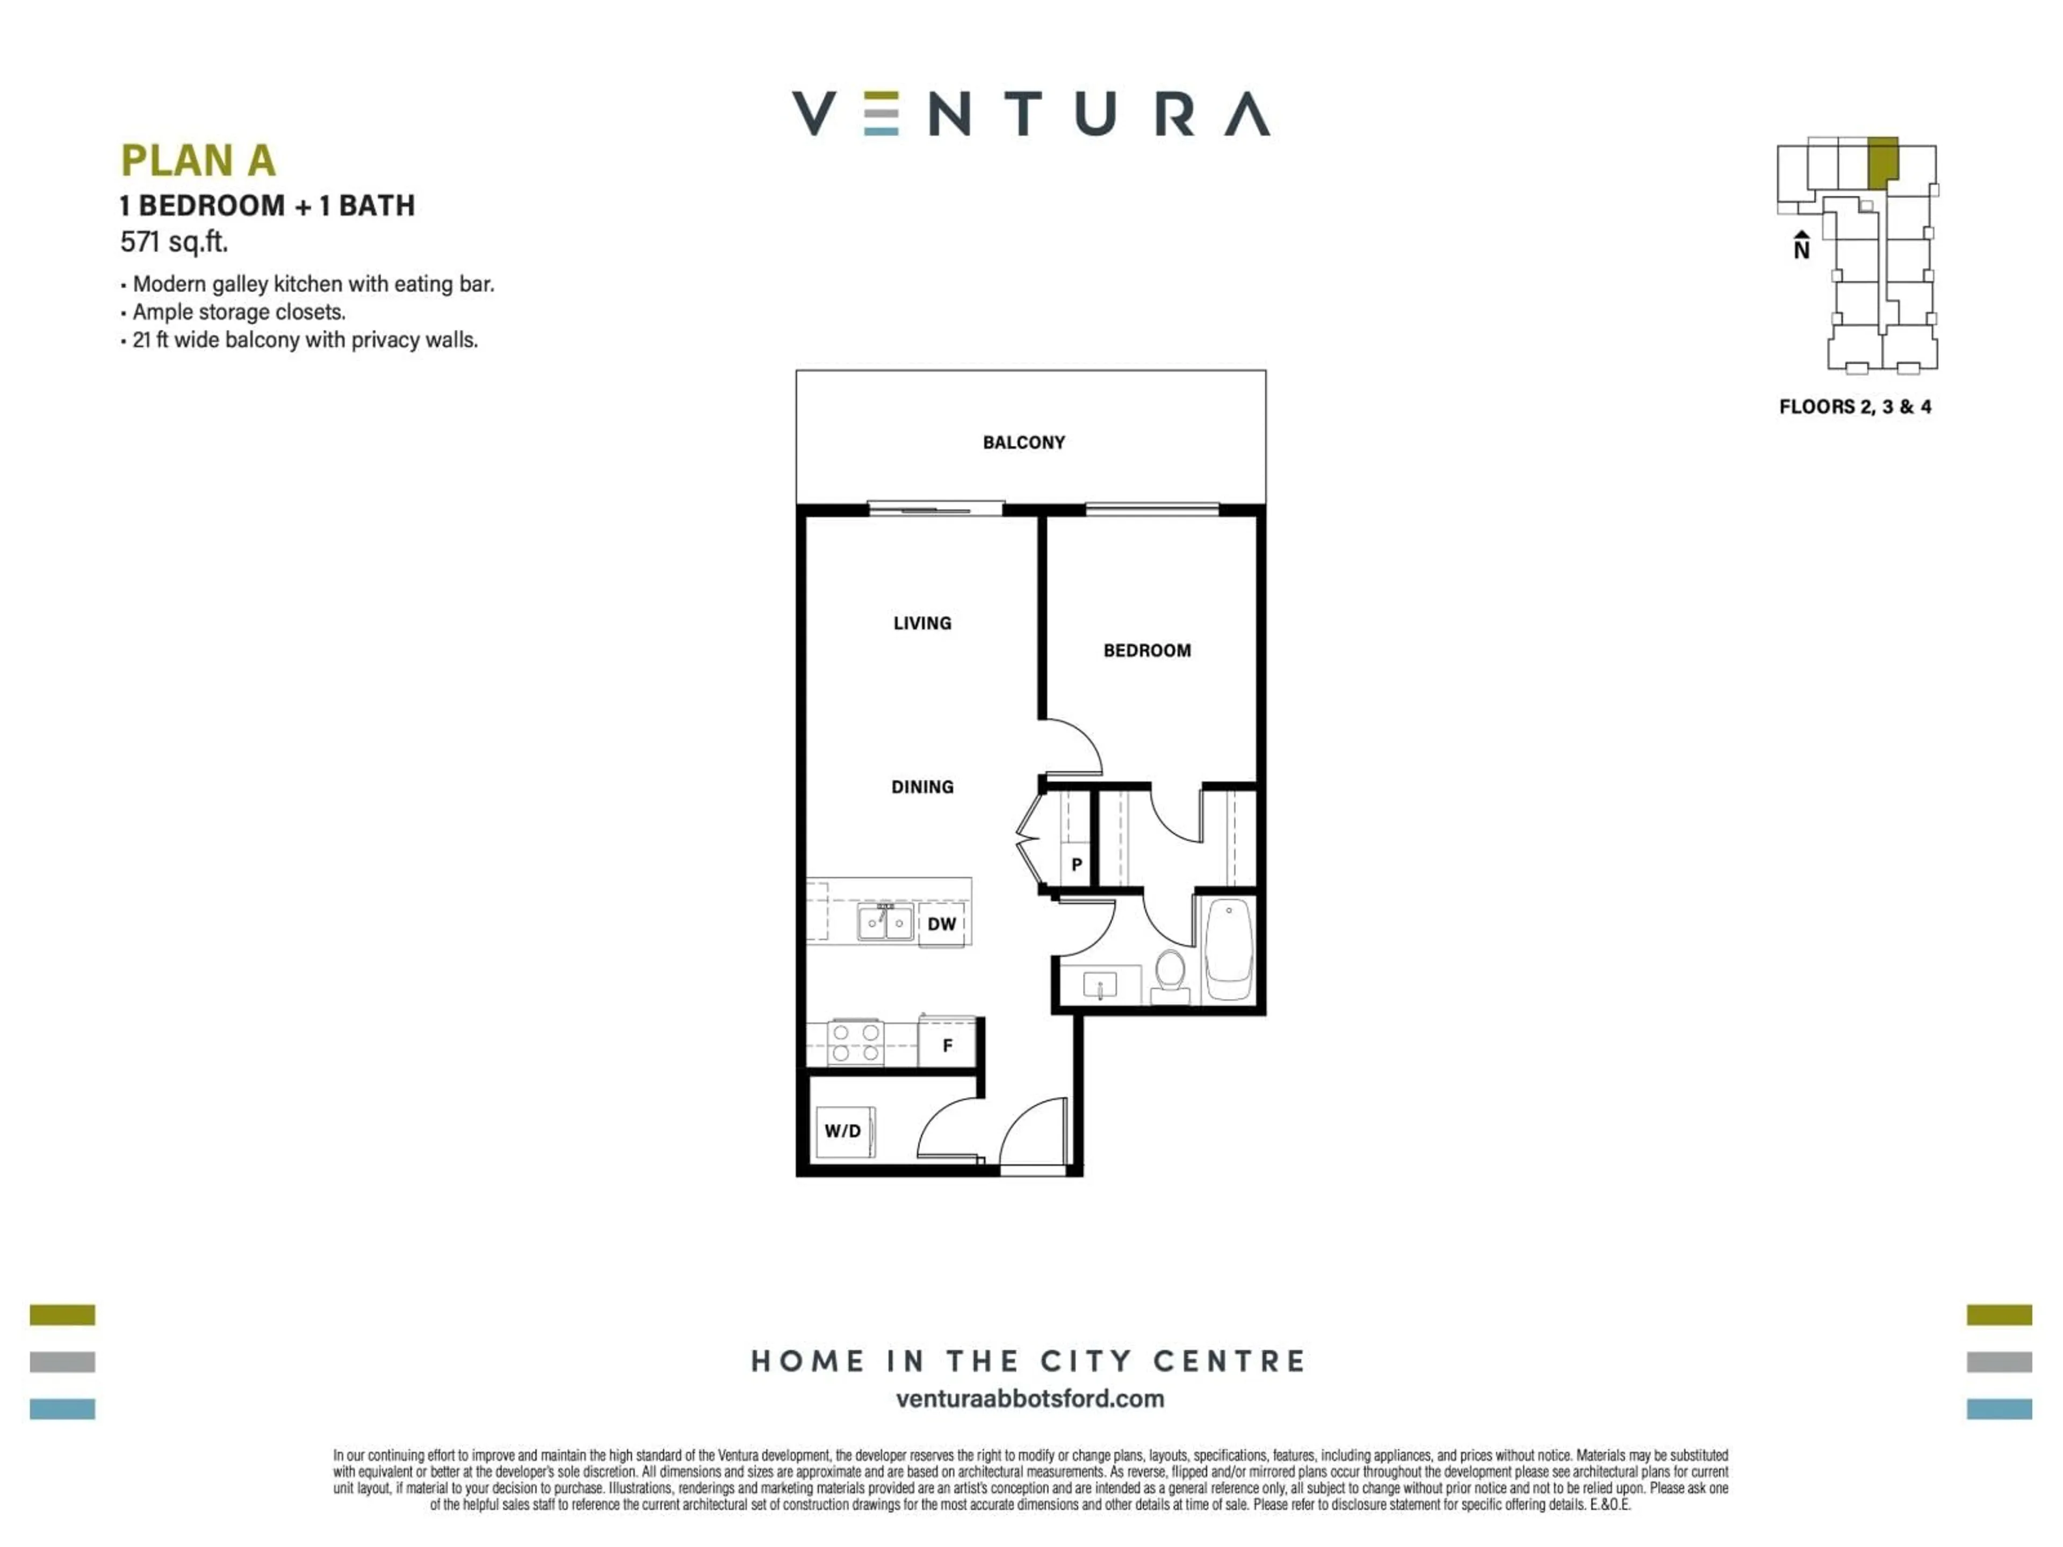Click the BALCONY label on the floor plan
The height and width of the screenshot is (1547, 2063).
(x=1023, y=442)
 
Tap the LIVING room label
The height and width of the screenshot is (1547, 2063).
(x=921, y=623)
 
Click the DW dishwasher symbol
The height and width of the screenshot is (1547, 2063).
(x=941, y=924)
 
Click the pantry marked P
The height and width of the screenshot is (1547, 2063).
(x=1076, y=864)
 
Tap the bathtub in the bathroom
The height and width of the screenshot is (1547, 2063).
(x=1229, y=949)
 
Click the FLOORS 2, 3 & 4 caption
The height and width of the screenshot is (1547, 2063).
(x=1854, y=407)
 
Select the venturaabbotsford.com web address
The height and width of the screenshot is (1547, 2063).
(x=1030, y=1399)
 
